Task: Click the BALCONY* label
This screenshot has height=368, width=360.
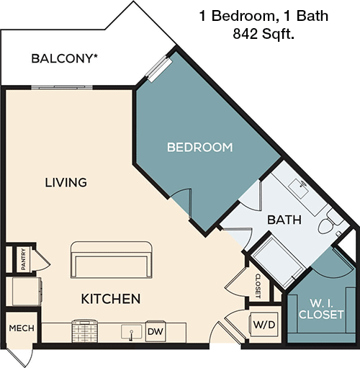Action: click(x=66, y=58)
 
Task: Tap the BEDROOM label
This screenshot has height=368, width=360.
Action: click(x=199, y=148)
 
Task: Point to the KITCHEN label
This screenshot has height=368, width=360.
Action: click(x=109, y=297)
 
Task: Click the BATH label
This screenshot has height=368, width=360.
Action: click(x=284, y=220)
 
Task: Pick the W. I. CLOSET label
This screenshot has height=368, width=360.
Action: click(x=317, y=308)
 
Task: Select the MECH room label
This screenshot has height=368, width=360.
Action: click(x=17, y=329)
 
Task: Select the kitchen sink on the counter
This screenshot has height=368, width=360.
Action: click(x=130, y=332)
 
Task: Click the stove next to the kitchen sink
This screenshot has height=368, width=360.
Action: click(x=85, y=332)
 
